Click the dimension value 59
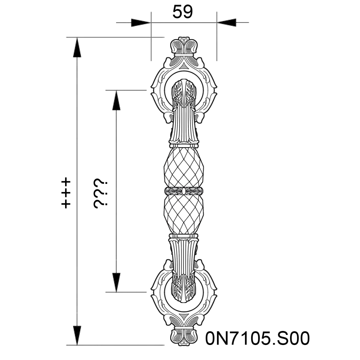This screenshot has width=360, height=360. pos(182,12)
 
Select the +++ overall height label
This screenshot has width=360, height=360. pos(66,194)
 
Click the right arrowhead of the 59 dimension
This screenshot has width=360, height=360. pos(226,22)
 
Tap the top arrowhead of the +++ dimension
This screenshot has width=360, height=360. pos(77,47)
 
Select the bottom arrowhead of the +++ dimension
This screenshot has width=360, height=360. pos(77,335)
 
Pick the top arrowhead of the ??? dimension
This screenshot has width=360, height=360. pos(116,100)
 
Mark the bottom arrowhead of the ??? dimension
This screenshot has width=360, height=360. pos(116,282)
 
